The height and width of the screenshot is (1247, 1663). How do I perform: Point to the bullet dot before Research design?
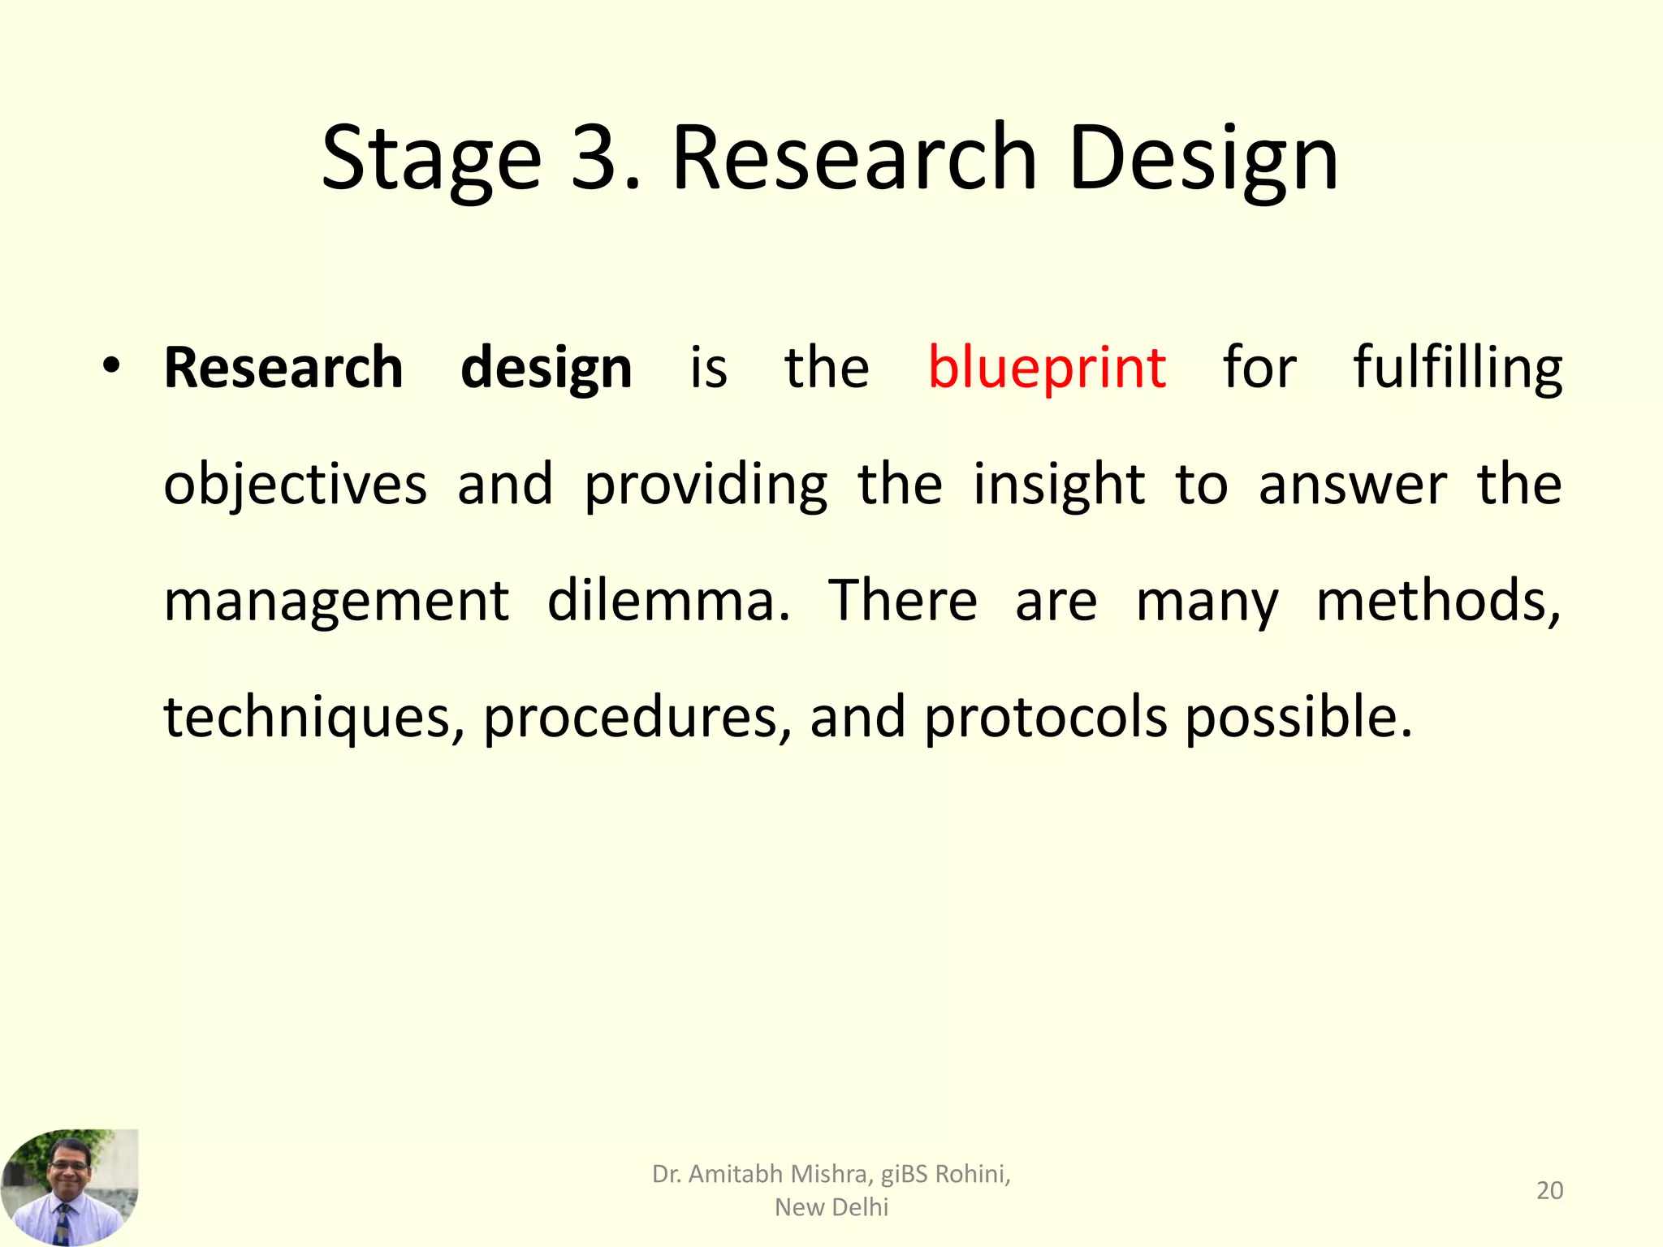(x=111, y=367)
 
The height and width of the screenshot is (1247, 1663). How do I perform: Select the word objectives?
(x=295, y=485)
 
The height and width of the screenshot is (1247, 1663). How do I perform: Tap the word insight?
(x=1059, y=485)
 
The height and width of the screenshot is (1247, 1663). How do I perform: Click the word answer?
(x=1352, y=485)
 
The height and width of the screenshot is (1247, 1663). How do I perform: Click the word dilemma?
(x=667, y=602)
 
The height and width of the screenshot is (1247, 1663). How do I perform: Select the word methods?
(x=1437, y=602)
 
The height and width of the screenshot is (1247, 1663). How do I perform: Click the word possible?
(x=1298, y=718)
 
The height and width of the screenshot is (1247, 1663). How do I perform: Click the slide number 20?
(x=1549, y=1190)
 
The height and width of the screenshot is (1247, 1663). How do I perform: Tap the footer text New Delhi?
(x=831, y=1207)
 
